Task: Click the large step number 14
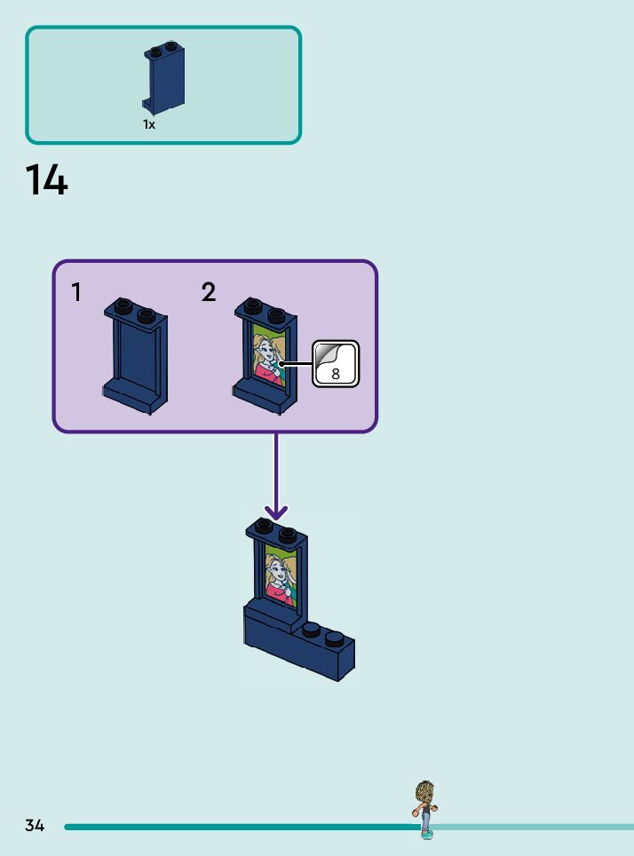pyautogui.click(x=46, y=180)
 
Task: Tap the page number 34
pyautogui.click(x=35, y=826)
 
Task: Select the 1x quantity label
pyautogui.click(x=149, y=125)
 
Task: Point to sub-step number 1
pyautogui.click(x=77, y=292)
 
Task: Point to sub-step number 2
pyautogui.click(x=209, y=292)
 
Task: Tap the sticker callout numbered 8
pyautogui.click(x=336, y=364)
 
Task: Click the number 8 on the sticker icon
pyautogui.click(x=336, y=375)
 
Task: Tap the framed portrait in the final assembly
pyautogui.click(x=280, y=577)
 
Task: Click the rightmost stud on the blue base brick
pyautogui.click(x=334, y=638)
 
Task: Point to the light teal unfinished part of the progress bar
pyautogui.click(x=533, y=827)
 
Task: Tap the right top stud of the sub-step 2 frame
pyautogui.click(x=276, y=313)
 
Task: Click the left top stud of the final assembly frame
pyautogui.click(x=265, y=525)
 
